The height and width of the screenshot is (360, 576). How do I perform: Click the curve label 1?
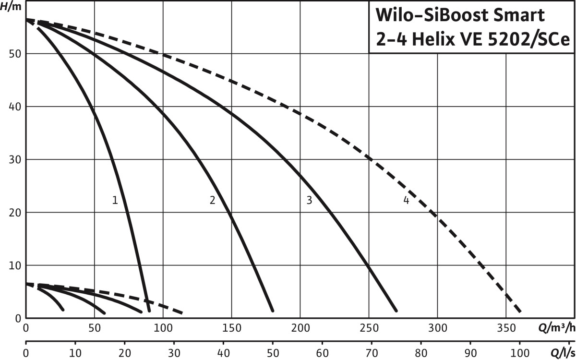coord(115,201)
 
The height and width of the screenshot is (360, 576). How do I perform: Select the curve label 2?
coord(212,201)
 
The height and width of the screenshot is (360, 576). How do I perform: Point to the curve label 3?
coord(309,201)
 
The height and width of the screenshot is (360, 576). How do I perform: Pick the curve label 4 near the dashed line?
coord(406,201)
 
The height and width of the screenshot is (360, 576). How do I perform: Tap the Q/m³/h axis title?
coord(556,329)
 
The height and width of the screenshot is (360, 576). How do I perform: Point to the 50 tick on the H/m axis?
coord(14,54)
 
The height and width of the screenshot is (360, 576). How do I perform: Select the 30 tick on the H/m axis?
coord(14,159)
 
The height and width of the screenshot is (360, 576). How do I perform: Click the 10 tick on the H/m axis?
coord(14,265)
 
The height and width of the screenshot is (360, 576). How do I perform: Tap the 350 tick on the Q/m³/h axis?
coord(506,329)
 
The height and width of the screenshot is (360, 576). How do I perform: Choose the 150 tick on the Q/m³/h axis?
coord(231,329)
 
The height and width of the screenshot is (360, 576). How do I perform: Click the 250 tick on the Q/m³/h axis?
coord(369,329)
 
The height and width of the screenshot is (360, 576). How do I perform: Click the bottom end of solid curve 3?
coord(396,310)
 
